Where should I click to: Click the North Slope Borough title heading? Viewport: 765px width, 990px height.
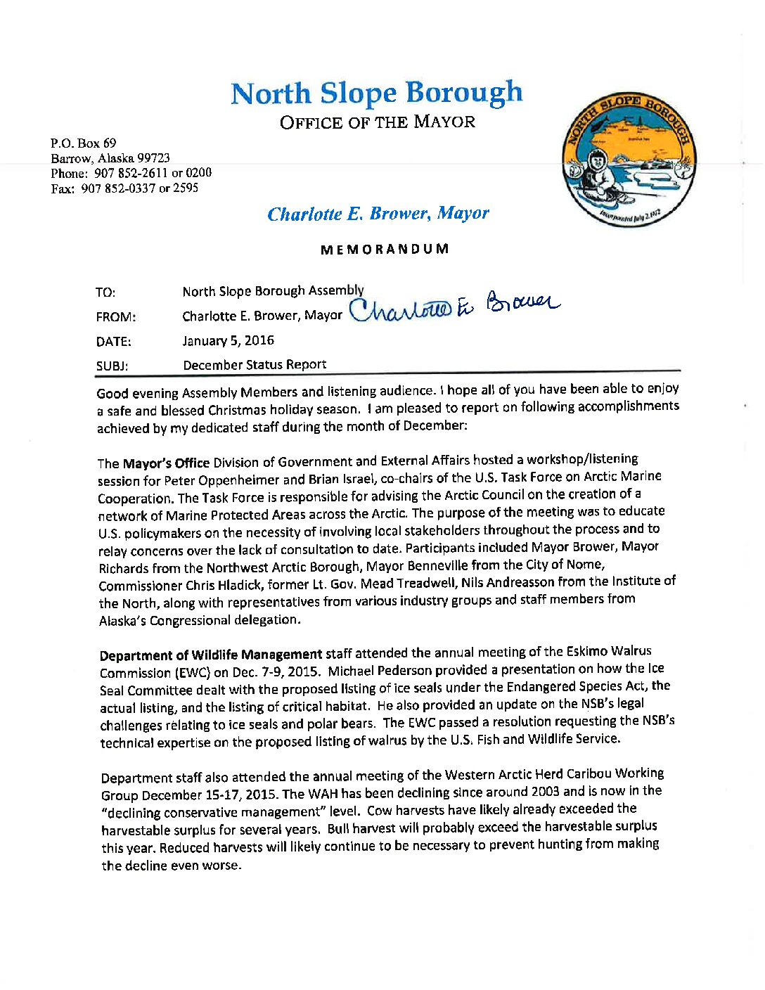tap(377, 94)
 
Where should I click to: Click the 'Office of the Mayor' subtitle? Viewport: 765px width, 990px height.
tap(378, 122)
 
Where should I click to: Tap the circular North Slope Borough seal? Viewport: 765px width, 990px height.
tap(629, 160)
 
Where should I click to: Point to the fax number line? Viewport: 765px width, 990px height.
tap(124, 188)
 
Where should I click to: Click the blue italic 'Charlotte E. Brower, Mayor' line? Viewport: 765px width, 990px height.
tap(378, 214)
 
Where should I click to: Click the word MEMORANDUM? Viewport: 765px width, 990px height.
tap(385, 249)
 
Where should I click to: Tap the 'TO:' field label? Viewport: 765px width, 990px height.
tap(105, 292)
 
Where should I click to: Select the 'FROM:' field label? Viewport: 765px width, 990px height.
tap(116, 317)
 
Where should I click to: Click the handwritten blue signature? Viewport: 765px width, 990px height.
tap(454, 309)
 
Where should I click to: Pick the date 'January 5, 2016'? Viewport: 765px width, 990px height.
tap(228, 340)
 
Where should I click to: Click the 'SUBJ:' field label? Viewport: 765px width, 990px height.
tap(112, 366)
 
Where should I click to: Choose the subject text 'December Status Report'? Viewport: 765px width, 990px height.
tap(255, 364)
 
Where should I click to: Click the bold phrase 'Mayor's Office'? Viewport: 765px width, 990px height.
tap(166, 463)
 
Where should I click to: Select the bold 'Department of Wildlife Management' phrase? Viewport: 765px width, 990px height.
tap(211, 655)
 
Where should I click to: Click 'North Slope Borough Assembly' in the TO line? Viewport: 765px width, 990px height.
tap(273, 290)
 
